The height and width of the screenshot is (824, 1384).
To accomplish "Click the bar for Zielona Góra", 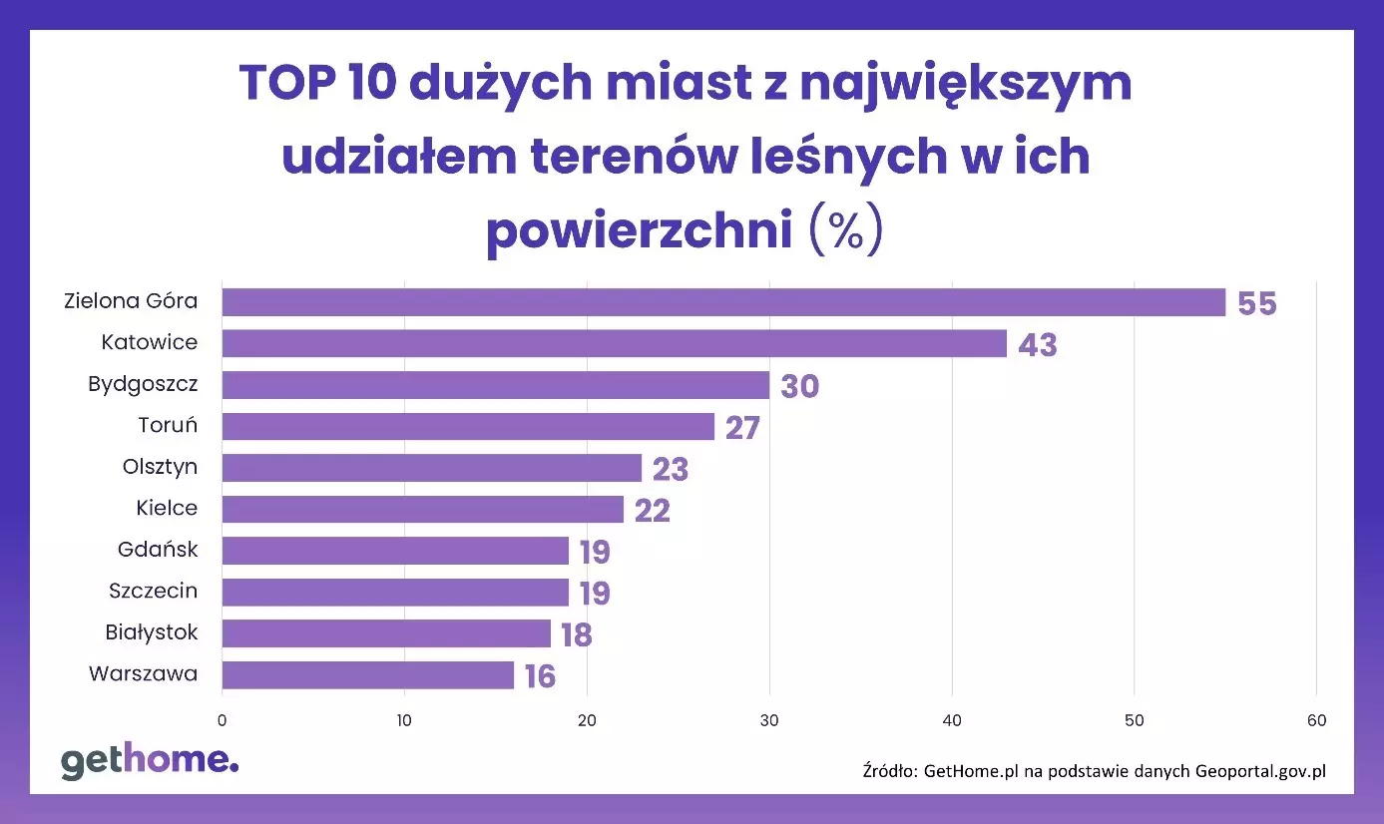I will click(722, 302).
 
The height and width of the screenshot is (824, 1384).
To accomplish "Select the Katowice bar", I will click(614, 343).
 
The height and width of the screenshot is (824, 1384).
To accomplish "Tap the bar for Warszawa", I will click(367, 675).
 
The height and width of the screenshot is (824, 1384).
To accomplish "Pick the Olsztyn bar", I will click(431, 468).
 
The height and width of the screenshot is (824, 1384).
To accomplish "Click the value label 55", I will click(1257, 303).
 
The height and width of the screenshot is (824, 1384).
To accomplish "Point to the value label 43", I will click(1038, 345).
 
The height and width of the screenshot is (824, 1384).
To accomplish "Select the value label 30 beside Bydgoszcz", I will click(799, 386).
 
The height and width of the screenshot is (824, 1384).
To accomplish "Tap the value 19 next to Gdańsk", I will click(595, 552).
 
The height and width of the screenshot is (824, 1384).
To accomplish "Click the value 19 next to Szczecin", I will click(595, 594).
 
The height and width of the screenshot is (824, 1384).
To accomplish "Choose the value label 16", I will click(540, 676).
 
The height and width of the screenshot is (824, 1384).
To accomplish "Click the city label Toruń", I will click(168, 426).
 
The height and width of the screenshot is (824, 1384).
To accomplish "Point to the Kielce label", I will click(167, 509).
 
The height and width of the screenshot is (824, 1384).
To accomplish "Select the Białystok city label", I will click(152, 632).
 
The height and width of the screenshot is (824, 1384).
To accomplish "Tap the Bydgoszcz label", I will click(143, 384).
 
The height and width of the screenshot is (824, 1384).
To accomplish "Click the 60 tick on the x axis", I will click(1316, 720).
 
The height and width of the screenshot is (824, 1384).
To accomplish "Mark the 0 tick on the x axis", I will click(222, 720).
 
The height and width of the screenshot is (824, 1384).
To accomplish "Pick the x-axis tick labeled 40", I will click(952, 720).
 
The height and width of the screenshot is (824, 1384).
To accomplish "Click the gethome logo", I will click(150, 761).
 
